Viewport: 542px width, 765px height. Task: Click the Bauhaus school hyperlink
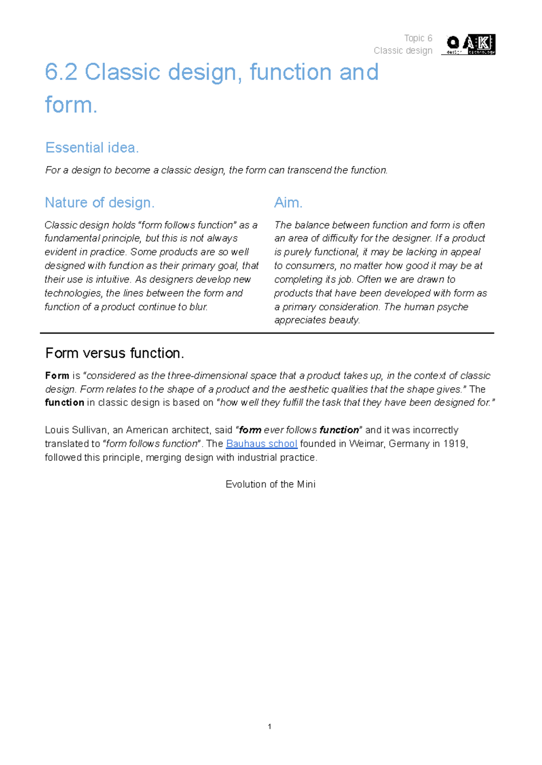[262, 443]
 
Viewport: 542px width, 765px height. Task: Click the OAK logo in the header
[470, 44]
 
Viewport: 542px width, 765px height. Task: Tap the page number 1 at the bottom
[270, 727]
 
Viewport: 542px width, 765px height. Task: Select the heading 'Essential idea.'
[92, 148]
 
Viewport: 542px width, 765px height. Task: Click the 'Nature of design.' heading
[100, 203]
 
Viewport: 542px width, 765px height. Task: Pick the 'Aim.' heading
[288, 203]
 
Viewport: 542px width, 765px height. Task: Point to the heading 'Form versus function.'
[115, 353]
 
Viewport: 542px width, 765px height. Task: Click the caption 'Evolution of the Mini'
[271, 484]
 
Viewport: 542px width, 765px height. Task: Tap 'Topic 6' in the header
[418, 38]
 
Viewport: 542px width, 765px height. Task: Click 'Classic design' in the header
[403, 51]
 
